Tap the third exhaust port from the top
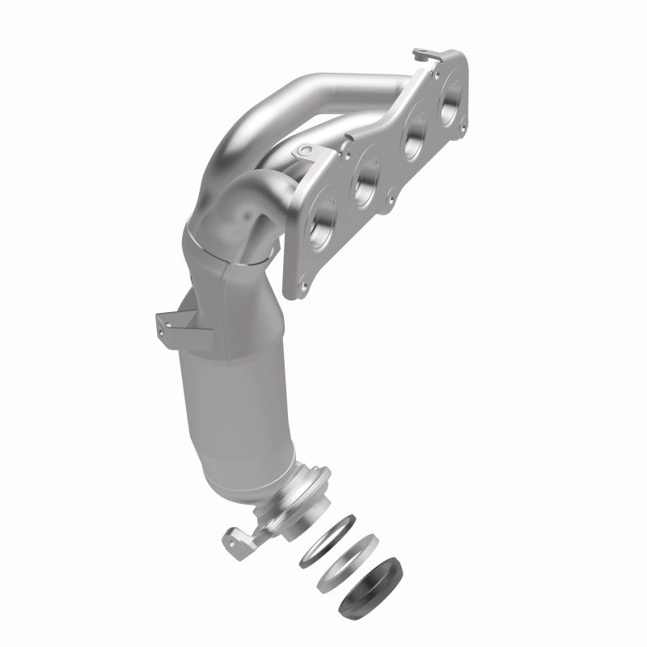coord(366,172)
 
